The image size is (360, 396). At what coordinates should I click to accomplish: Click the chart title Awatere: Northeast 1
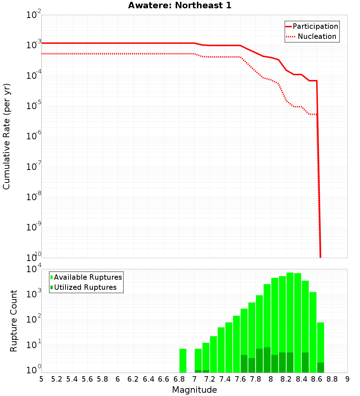coord(180,6)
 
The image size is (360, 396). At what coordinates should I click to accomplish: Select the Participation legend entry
coord(312,26)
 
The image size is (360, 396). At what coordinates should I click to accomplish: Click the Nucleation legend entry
coord(312,36)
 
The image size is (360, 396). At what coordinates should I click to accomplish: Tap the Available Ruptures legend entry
coord(86,277)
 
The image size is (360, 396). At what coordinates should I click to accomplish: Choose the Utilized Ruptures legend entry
coord(83,287)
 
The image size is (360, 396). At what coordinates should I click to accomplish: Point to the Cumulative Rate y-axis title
coord(6,136)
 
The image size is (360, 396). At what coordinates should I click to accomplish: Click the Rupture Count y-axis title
coord(14,321)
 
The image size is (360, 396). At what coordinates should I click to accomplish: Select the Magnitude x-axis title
coord(194,390)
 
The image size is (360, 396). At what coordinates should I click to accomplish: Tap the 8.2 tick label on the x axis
coord(286,379)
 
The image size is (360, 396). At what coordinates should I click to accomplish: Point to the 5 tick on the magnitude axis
coord(41,379)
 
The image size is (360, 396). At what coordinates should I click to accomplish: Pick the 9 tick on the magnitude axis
coord(347,379)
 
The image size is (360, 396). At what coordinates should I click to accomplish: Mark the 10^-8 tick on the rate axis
coord(34,197)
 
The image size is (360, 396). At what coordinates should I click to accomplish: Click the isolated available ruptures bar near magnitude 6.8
coord(183,360)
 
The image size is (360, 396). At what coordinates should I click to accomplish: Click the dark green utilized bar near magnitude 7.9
coord(267,360)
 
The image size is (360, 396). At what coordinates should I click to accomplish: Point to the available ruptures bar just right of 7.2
coord(213,354)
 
